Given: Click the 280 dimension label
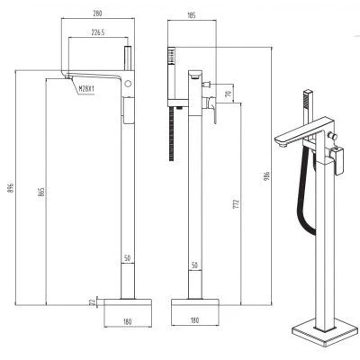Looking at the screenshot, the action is click(x=98, y=13).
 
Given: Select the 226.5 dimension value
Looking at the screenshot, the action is click(x=98, y=32).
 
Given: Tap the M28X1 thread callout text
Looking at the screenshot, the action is click(x=86, y=88).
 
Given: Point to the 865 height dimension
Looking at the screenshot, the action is click(x=41, y=192).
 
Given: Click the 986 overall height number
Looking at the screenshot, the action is click(x=267, y=175).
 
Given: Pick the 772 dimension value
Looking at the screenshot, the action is click(x=237, y=204).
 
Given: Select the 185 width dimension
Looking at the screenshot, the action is click(x=192, y=15).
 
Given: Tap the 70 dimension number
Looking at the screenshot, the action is click(x=229, y=94).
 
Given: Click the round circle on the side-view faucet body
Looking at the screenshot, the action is click(x=128, y=84).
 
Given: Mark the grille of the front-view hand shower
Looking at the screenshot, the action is click(x=171, y=55).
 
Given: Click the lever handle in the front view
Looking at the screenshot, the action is click(x=211, y=109).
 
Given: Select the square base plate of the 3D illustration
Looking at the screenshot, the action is click(x=325, y=331).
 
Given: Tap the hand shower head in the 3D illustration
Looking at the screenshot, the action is click(x=308, y=99).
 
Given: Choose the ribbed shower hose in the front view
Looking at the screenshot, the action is click(x=172, y=134).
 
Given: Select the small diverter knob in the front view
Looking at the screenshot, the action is click(x=207, y=85).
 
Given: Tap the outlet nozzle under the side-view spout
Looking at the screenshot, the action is click(x=68, y=77).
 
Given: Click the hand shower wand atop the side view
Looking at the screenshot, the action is click(x=128, y=58).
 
